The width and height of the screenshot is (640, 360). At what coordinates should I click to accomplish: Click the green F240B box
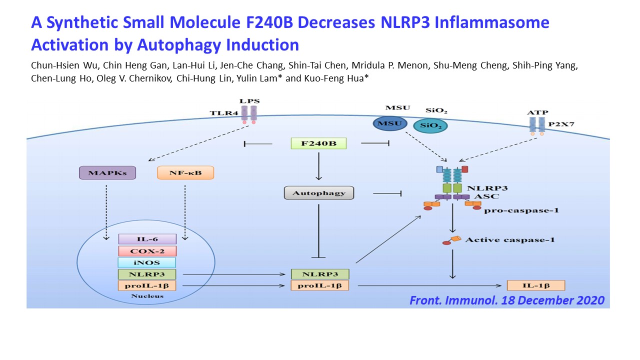click(318, 143)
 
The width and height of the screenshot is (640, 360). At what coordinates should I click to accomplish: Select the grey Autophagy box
click(319, 193)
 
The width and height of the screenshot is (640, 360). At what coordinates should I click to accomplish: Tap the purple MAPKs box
click(107, 172)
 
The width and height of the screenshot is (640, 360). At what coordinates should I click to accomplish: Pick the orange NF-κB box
click(185, 172)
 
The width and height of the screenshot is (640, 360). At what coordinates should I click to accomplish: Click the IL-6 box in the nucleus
click(147, 239)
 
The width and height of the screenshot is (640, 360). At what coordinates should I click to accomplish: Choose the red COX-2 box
click(147, 251)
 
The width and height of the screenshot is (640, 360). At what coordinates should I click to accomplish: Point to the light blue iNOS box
click(147, 262)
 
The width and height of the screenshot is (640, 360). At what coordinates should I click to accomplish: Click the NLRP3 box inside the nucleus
click(147, 274)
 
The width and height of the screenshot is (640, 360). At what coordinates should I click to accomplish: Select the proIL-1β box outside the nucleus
click(319, 285)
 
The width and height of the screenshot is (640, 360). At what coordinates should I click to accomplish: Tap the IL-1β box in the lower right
click(536, 285)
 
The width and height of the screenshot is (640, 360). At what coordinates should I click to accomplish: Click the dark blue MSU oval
click(389, 123)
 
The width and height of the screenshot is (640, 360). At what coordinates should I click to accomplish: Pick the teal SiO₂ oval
click(430, 125)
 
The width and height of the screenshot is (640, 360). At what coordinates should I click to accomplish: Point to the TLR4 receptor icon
click(249, 115)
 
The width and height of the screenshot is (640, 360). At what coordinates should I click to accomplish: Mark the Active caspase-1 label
click(510, 239)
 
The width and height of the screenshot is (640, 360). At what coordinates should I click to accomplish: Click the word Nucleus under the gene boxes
click(147, 296)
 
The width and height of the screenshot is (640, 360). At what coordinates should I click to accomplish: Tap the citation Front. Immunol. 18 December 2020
click(507, 300)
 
